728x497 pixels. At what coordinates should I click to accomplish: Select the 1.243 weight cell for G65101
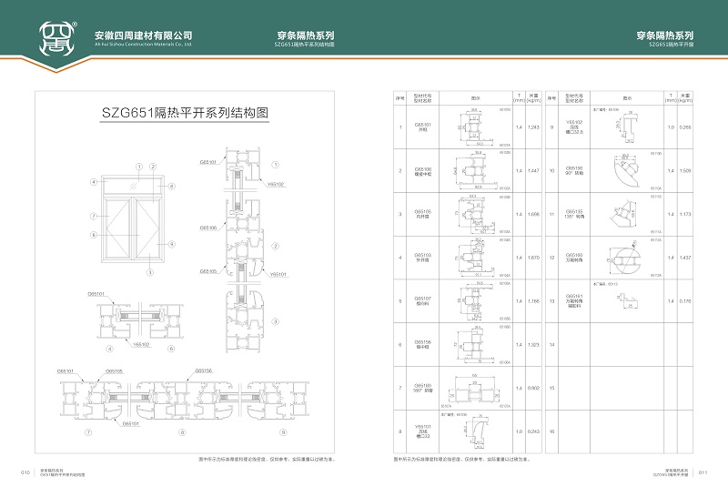tap(534, 127)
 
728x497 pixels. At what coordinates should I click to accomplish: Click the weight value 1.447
tap(534, 171)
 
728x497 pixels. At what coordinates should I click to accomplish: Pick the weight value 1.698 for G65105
tap(534, 215)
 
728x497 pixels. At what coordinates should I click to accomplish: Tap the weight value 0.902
tap(534, 389)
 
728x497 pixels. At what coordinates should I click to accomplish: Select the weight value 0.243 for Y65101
tap(534, 431)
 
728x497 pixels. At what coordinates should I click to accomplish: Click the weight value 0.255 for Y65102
tap(686, 127)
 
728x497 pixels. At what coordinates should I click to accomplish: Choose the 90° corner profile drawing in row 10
tap(627, 171)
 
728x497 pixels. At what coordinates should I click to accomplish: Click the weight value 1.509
tap(686, 171)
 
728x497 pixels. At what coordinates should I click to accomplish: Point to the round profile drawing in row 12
tap(627, 259)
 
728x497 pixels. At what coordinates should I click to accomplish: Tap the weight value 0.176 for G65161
tap(686, 301)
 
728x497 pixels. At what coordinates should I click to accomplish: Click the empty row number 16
tap(552, 431)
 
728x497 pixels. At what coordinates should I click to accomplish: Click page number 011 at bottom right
tap(702, 472)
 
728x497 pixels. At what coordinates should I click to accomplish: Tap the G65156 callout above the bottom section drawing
tap(203, 371)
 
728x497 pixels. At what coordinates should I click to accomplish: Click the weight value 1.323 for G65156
tap(534, 345)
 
